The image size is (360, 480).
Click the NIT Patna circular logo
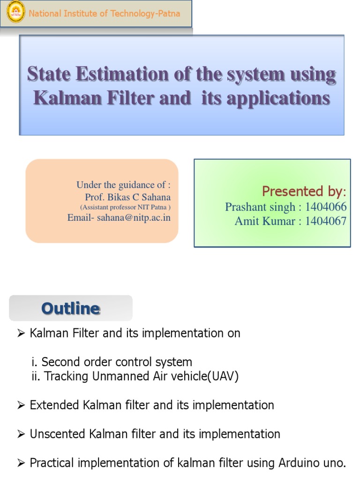[x=15, y=13]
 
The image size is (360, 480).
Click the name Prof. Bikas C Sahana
[x=127, y=197]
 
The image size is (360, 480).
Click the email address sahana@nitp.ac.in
[x=134, y=217]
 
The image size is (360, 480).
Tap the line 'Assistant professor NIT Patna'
[x=126, y=207]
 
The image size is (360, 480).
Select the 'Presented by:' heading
[x=304, y=191]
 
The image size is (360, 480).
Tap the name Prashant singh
[x=260, y=207]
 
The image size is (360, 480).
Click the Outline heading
[x=70, y=308]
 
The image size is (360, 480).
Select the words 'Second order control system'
[x=117, y=362]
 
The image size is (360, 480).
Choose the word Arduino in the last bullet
[x=288, y=463]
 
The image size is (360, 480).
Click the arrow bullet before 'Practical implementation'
[x=21, y=463]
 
